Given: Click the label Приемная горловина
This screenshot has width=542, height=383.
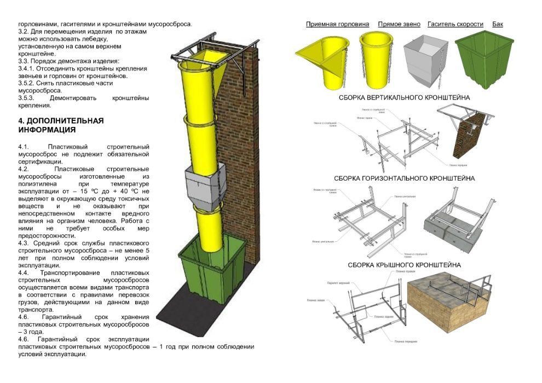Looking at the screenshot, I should [x=337, y=24].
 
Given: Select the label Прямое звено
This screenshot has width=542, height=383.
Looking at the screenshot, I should [x=399, y=24].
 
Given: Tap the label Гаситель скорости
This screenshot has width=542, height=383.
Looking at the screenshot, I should [x=455, y=24].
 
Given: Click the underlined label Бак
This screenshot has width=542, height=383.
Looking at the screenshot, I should [x=498, y=24].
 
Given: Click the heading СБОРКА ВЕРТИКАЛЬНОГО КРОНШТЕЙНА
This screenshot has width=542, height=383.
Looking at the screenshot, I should [x=404, y=98].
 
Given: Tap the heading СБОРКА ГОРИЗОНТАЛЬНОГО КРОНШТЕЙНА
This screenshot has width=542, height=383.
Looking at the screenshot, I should [x=404, y=178].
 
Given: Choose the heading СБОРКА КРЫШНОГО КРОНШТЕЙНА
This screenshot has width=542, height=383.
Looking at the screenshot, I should [x=404, y=265].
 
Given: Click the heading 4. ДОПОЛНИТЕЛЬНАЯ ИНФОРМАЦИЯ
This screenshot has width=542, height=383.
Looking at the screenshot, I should [x=60, y=125].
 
